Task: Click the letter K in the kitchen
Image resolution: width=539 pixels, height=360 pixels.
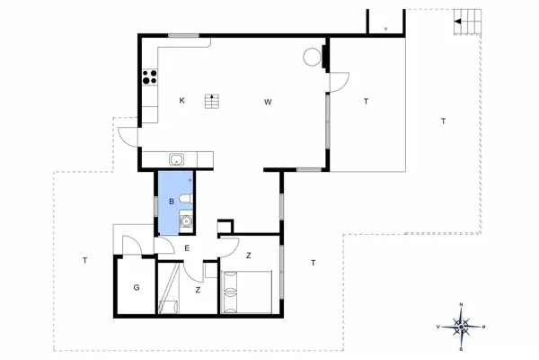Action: click(181, 101)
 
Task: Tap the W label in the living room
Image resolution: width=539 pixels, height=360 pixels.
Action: click(268, 102)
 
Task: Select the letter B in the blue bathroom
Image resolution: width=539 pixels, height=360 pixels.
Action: click(171, 202)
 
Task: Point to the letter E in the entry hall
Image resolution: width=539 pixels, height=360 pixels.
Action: click(187, 247)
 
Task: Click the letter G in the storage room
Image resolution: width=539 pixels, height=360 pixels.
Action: click(137, 288)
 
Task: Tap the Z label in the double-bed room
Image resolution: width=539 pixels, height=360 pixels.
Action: click(248, 256)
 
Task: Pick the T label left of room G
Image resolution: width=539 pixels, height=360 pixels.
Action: click(84, 261)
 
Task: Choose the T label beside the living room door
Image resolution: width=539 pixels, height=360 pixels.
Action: click(366, 102)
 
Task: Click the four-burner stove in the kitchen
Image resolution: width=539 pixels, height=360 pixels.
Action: click(148, 77)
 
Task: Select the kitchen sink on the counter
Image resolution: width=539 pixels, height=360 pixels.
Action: click(178, 160)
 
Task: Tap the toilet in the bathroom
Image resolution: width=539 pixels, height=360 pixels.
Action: click(183, 198)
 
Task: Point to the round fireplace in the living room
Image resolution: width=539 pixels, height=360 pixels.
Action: click(312, 57)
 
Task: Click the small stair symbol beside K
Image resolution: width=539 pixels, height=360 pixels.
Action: click(212, 100)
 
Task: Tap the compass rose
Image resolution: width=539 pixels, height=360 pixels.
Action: click(460, 326)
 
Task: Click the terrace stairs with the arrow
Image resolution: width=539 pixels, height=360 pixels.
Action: click(464, 21)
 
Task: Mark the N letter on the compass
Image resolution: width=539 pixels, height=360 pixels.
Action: click(460, 306)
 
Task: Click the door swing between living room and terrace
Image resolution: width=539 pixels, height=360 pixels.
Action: click(339, 83)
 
